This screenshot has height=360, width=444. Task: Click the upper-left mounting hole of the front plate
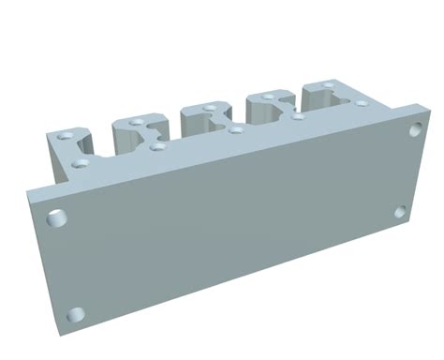point(58,219)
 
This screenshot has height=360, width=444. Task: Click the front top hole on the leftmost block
point(80,162)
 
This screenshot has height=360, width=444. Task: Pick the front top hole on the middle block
point(235,129)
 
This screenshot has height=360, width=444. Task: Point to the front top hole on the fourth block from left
point(298,117)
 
